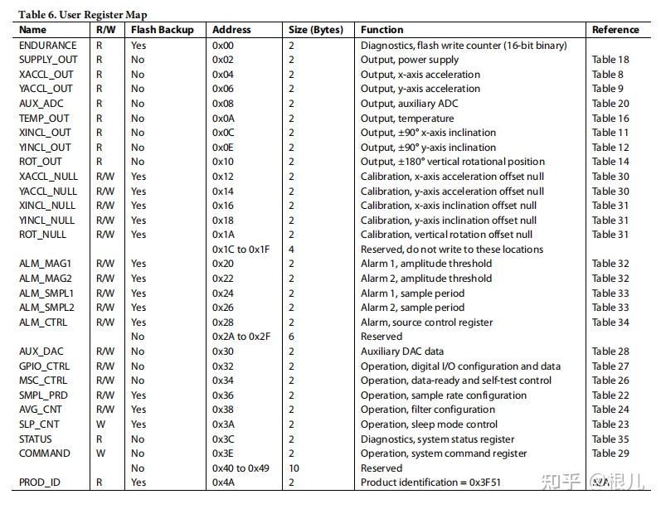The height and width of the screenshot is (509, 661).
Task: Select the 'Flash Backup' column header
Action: (162, 30)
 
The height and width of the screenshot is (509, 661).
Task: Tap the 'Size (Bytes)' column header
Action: (315, 30)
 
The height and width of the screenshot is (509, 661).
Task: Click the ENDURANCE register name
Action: (47, 45)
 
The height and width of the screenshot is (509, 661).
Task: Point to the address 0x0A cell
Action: (224, 118)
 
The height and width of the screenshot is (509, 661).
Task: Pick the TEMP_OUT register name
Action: (44, 118)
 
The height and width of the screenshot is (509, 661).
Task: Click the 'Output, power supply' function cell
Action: (410, 60)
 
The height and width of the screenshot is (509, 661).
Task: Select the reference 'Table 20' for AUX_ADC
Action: (610, 104)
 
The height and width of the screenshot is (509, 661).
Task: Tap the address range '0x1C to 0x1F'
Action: (241, 249)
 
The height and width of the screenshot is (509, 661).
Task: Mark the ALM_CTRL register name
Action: (43, 322)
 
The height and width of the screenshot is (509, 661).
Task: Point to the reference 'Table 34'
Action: (610, 322)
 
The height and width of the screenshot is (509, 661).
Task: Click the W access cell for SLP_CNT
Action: (100, 424)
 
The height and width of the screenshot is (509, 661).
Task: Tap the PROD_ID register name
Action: (39, 482)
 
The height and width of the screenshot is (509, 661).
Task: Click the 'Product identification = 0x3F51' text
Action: (430, 482)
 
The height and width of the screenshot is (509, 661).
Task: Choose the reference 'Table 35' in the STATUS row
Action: (610, 439)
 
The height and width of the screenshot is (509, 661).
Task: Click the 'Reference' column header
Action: (615, 30)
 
